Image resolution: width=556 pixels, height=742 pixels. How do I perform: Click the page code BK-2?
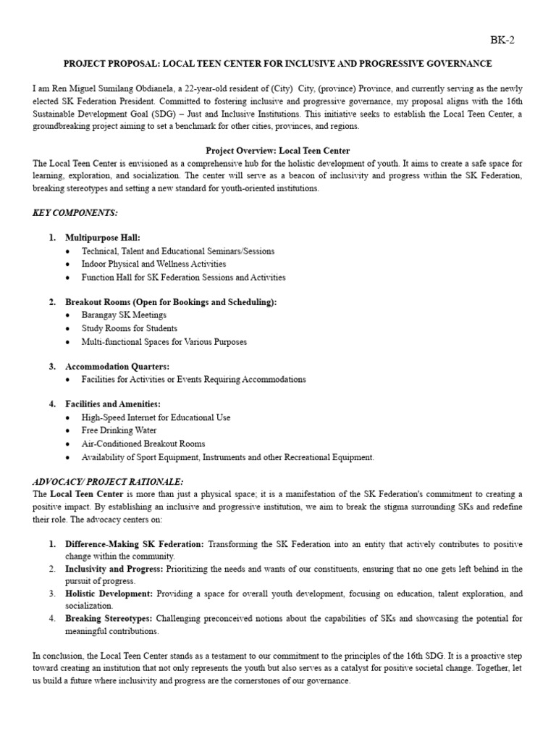click(502, 41)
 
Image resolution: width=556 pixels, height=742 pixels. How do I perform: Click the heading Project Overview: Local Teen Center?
click(277, 151)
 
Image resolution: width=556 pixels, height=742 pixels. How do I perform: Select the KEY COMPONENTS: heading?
click(75, 213)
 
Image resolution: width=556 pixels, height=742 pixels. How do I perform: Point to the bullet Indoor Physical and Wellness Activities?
click(153, 264)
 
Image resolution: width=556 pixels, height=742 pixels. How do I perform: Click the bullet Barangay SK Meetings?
click(124, 315)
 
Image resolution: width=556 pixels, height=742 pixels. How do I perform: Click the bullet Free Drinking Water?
click(119, 430)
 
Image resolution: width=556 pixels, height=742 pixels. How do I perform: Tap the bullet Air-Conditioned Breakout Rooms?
click(143, 443)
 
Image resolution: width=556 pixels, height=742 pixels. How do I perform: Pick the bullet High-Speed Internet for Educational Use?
click(156, 417)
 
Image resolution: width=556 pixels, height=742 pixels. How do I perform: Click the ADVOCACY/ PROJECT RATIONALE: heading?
click(108, 482)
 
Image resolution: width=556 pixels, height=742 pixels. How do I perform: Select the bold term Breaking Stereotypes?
click(109, 619)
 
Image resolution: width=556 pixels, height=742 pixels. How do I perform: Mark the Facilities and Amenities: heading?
click(112, 404)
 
